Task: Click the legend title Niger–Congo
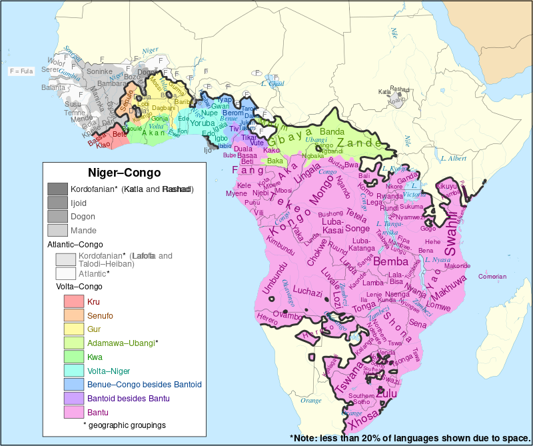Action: pyautogui.click(x=125, y=173)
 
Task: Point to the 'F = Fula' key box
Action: pyautogui.click(x=21, y=71)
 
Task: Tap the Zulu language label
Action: pyautogui.click(x=386, y=394)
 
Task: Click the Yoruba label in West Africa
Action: pyautogui.click(x=203, y=123)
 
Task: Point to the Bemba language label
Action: pyautogui.click(x=390, y=262)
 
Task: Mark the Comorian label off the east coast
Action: pyautogui.click(x=492, y=276)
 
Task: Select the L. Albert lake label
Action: pyautogui.click(x=453, y=159)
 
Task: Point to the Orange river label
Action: pyautogui.click(x=311, y=400)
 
